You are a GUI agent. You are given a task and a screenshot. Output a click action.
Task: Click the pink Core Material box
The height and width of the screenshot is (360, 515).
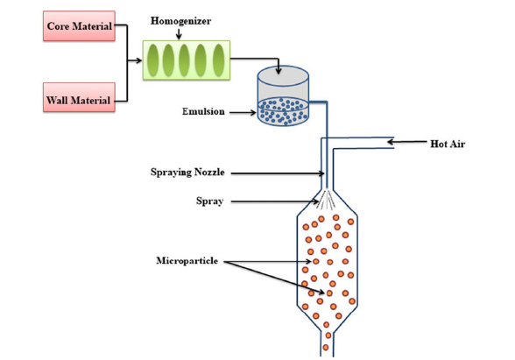(x=79, y=26)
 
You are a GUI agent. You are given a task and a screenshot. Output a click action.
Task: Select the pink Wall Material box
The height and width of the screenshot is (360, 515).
(x=79, y=97)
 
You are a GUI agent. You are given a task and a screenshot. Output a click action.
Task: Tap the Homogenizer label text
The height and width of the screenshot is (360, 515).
(x=180, y=21)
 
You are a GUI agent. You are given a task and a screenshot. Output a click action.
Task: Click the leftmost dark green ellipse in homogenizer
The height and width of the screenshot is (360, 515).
(x=153, y=60)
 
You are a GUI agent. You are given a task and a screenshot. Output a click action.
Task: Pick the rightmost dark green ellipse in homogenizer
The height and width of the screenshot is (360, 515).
(x=219, y=60)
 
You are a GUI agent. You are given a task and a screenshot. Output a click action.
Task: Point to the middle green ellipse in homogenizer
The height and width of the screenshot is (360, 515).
(x=184, y=60)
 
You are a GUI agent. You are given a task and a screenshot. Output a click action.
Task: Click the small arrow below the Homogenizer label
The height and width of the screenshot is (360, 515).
(x=179, y=33)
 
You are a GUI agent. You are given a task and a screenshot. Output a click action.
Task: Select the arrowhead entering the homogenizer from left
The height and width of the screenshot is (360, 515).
(x=139, y=60)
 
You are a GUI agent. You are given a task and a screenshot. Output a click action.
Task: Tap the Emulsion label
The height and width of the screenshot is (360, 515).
(x=203, y=112)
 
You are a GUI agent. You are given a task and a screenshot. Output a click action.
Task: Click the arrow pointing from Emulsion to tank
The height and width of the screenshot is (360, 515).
(x=243, y=113)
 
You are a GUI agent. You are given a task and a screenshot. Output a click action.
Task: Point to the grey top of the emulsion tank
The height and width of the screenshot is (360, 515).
(x=283, y=75)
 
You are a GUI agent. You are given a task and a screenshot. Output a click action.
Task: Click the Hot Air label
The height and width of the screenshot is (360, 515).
(x=448, y=144)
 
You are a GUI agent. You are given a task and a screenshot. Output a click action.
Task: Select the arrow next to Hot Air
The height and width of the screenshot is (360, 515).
(x=407, y=142)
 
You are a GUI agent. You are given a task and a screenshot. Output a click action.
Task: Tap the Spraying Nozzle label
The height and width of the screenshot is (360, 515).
(x=187, y=172)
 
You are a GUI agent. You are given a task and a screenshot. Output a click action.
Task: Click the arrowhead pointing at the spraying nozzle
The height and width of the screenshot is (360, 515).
(x=321, y=173)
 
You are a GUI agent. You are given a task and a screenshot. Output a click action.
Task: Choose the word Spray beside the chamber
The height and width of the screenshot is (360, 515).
(x=210, y=201)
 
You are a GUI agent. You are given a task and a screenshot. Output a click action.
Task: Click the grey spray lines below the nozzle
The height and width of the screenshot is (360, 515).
(x=326, y=199)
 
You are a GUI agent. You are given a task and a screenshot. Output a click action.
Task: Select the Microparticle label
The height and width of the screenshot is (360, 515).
(x=187, y=261)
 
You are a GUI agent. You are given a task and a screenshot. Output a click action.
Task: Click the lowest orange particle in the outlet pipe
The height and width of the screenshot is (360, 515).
(x=326, y=347)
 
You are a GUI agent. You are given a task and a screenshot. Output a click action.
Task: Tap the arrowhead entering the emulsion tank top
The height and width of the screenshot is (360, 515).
(x=279, y=71)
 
